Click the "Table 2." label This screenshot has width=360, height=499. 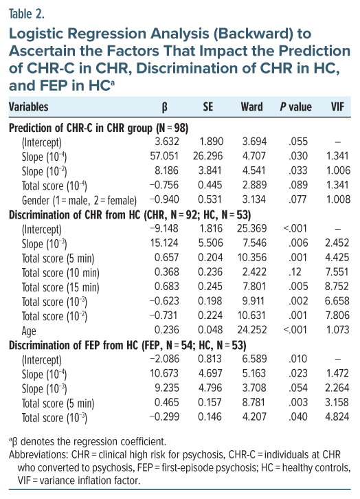coord(27,14)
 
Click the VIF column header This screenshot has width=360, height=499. coord(337,107)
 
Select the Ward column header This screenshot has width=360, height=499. coord(251,107)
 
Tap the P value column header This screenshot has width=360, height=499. coord(295,107)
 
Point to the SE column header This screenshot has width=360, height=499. coord(208,107)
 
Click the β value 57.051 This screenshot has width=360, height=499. coord(164,155)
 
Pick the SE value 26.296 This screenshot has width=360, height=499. coord(207,155)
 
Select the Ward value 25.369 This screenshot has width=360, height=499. coord(251,228)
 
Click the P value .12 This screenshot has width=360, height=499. coord(295,271)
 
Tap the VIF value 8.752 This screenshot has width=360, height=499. coord(337,286)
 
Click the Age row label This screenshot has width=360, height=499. coord(29,331)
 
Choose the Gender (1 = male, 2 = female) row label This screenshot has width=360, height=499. coord(79,200)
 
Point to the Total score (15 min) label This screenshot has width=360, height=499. coord(60,287)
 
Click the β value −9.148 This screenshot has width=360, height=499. coord(164,228)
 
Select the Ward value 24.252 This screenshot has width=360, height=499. coord(251,329)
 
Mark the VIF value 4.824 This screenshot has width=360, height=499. coord(337,417)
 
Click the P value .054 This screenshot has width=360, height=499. coord(297,388)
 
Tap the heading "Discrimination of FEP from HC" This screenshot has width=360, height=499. coord(74,345)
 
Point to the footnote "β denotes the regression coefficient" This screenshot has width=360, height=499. coord(87,441)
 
